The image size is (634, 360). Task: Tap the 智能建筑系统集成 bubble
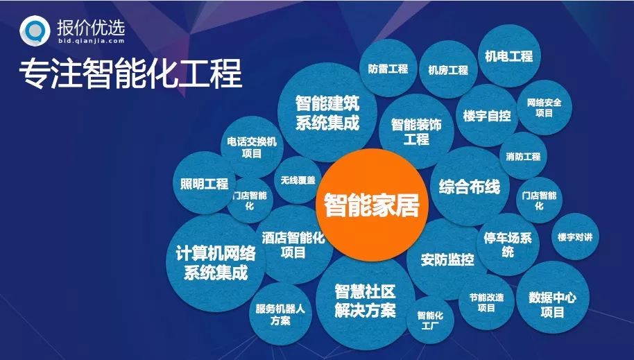point(327,113)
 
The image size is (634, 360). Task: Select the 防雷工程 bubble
point(388,69)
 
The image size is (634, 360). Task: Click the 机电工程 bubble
point(509,56)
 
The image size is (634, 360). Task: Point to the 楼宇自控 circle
point(488,115)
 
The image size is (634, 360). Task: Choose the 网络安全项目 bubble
point(544,108)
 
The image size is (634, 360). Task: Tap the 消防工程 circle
point(523,156)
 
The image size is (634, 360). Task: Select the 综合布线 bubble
point(470,187)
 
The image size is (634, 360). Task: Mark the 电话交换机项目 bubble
point(252,147)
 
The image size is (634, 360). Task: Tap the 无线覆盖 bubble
point(297,180)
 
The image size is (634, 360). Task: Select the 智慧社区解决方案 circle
point(365,300)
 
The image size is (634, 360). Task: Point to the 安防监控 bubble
point(447,260)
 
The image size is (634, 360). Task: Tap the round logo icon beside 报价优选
point(33,29)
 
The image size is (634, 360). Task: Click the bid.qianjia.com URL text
point(88,41)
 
